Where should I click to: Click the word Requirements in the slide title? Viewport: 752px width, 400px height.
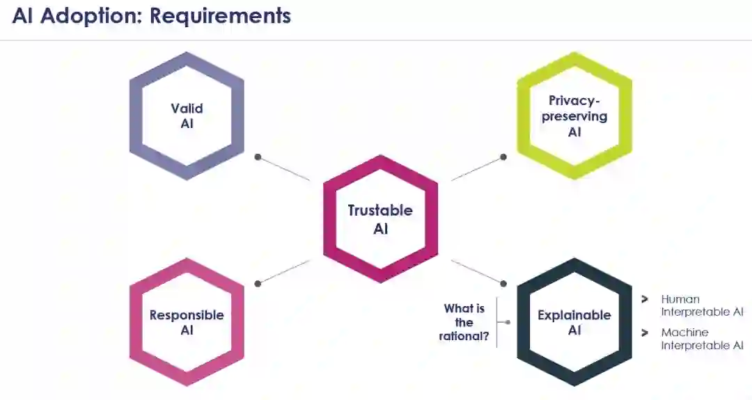tap(221, 16)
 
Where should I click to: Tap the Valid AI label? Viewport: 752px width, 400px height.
tap(187, 115)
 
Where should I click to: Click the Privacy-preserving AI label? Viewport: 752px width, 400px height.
tap(574, 115)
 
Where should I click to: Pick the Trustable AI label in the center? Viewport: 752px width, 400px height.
tap(380, 219)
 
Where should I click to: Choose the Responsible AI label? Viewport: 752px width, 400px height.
tap(187, 322)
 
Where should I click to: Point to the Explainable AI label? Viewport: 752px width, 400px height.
tap(574, 322)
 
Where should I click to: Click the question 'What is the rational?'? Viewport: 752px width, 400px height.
tap(464, 323)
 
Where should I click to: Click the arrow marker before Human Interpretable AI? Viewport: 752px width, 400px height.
tap(645, 300)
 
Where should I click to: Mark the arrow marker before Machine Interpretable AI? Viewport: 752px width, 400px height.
tap(645, 333)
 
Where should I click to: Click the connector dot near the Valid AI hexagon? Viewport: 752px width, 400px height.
tap(258, 157)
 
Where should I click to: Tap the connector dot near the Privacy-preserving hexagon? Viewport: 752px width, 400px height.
tap(503, 158)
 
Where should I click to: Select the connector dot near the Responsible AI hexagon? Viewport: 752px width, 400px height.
tap(258, 283)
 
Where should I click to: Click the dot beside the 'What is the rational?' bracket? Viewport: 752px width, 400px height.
tap(508, 322)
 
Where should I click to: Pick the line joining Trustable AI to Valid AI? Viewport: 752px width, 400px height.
tap(284, 169)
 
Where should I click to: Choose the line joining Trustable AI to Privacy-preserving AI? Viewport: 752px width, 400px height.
tap(477, 169)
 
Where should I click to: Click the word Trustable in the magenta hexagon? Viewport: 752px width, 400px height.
tap(380, 211)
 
